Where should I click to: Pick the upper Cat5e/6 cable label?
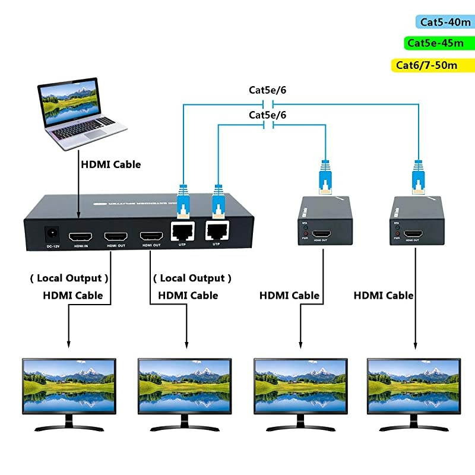pyautogui.click(x=267, y=91)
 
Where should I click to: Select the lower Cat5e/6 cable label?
pyautogui.click(x=267, y=114)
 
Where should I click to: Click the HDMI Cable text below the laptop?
pyautogui.click(x=112, y=164)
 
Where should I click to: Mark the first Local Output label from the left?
pyautogui.click(x=69, y=278)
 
